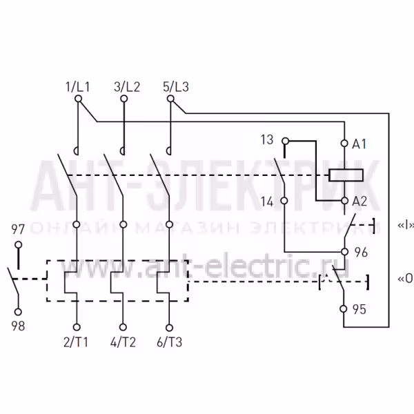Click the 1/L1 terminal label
pyautogui.click(x=77, y=87)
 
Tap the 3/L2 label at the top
pyautogui.click(x=127, y=87)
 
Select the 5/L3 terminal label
pyautogui.click(x=176, y=87)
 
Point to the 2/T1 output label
pyautogui.click(x=75, y=342)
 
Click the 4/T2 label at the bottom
pyautogui.click(x=123, y=342)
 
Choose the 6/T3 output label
pyautogui.click(x=170, y=342)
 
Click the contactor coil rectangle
pyautogui.click(x=346, y=175)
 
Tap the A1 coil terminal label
pyautogui.click(x=359, y=144)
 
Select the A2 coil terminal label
pyautogui.click(x=359, y=201)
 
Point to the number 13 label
pyautogui.click(x=267, y=139)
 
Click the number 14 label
pyautogui.click(x=267, y=201)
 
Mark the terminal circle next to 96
pyautogui.click(x=344, y=252)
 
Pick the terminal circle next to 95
pyautogui.click(x=343, y=308)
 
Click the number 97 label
pyautogui.click(x=18, y=229)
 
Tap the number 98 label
pyautogui.click(x=18, y=326)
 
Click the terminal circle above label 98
pyautogui.click(x=18, y=312)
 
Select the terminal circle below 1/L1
pyautogui.click(x=78, y=99)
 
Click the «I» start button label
pyautogui.click(x=406, y=225)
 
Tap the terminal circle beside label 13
pyautogui.click(x=285, y=141)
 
